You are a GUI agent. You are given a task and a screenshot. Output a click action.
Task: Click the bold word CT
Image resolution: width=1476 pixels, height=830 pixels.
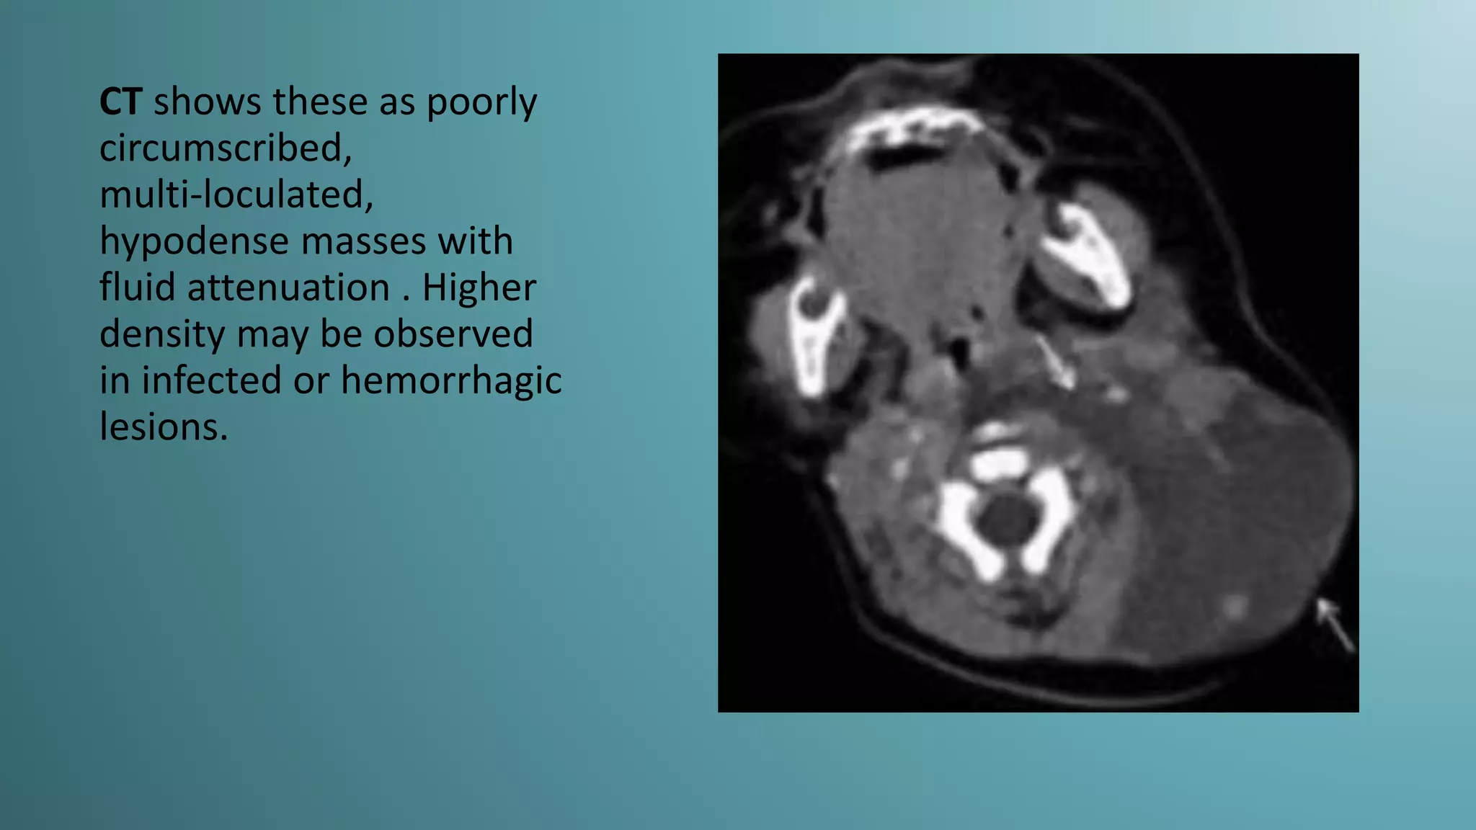click(120, 102)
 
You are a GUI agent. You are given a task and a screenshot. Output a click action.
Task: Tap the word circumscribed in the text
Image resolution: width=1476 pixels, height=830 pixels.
click(225, 148)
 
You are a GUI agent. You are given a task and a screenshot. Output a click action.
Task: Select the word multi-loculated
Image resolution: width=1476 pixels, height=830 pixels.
click(236, 195)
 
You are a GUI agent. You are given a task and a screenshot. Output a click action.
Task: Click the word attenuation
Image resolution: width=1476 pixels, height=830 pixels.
click(288, 287)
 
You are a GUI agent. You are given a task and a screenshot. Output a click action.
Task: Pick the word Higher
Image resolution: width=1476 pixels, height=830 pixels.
click(479, 287)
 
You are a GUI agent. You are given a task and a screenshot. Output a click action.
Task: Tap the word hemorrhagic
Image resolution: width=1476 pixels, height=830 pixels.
click(451, 380)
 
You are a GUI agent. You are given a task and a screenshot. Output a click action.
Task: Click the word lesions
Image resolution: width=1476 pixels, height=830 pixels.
click(163, 427)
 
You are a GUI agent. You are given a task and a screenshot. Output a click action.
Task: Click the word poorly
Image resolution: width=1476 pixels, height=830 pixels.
click(481, 102)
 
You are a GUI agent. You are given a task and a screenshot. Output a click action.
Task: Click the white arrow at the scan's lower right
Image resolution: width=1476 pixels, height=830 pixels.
click(1336, 625)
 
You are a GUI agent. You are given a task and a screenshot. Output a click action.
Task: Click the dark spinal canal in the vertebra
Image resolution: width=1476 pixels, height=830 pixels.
click(1007, 519)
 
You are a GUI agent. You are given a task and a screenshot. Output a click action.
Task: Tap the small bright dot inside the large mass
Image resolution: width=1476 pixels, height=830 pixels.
click(1235, 605)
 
